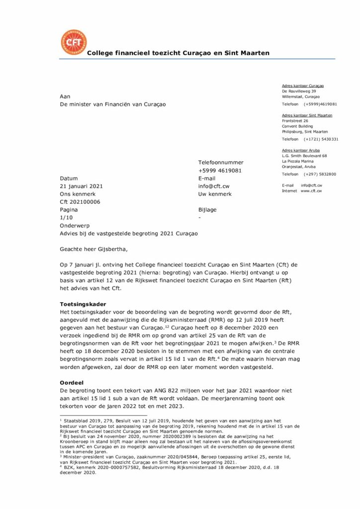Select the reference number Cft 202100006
[80, 202]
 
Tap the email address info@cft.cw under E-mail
[214, 186]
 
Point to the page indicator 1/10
[65, 218]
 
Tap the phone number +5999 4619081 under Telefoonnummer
[220, 170]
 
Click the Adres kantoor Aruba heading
[301, 150]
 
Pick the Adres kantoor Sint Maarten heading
[307, 115]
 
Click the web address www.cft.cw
[311, 191]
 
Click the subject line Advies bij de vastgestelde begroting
[128, 234]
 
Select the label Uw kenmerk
[215, 194]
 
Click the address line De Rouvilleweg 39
[299, 91]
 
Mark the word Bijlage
[207, 210]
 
